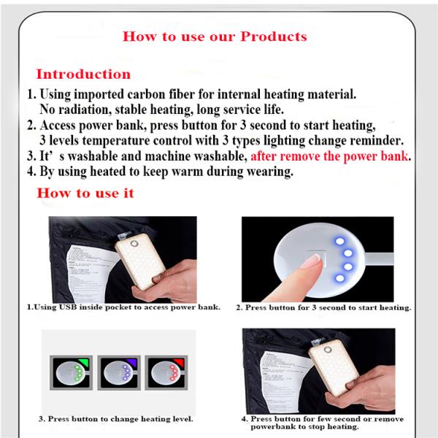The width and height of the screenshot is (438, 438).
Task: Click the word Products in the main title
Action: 274,36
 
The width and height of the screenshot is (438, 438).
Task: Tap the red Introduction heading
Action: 83,74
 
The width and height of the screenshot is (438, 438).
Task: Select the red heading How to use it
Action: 85,193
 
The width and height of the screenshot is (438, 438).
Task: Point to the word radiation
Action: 85,109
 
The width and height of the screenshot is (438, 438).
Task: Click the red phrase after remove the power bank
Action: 329,156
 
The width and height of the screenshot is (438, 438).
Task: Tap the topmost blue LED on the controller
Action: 339,241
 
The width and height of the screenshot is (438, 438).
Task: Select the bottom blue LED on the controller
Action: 339,278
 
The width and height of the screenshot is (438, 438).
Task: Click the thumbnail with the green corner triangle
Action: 72,372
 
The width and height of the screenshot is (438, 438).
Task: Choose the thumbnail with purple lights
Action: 119,372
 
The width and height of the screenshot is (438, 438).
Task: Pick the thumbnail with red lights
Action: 166,372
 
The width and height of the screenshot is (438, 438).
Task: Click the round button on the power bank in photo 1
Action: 134,244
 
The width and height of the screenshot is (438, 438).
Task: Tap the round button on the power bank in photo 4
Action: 328,350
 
